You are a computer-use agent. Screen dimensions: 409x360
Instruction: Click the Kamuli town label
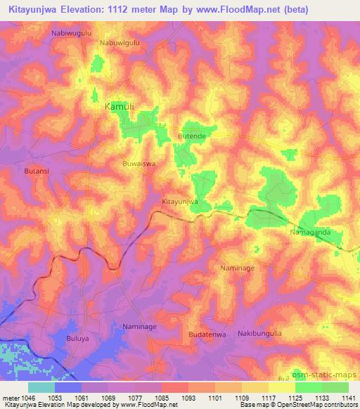118,106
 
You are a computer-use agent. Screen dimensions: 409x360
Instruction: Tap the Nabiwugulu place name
72,33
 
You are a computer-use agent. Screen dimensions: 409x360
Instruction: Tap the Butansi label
37,171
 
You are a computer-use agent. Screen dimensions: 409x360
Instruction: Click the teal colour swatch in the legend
41,387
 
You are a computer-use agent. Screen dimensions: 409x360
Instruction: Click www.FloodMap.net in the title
248,11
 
